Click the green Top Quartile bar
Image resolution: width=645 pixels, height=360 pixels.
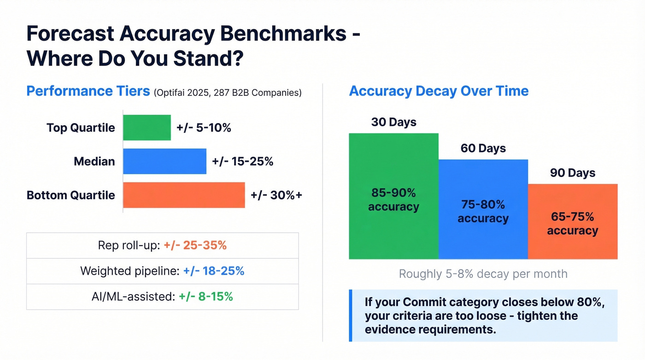click(147, 128)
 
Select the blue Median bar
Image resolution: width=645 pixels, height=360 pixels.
click(164, 161)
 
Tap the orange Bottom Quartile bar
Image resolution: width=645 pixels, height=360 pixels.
click(184, 195)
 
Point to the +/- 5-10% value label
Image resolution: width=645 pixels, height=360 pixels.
click(204, 128)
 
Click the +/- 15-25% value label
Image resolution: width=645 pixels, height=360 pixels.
click(242, 161)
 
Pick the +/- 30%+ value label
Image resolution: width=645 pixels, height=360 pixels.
click(276, 195)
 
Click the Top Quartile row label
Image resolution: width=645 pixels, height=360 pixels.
click(81, 128)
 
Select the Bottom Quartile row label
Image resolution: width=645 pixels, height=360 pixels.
click(71, 195)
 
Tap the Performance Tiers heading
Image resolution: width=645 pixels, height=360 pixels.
click(88, 91)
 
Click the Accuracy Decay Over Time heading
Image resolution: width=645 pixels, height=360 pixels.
click(439, 91)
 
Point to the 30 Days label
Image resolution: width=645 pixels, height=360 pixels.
click(393, 122)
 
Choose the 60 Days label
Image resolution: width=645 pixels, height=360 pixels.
click(483, 148)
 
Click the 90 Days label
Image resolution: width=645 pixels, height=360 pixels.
click(573, 173)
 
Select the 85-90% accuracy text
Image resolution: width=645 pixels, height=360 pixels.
click(393, 200)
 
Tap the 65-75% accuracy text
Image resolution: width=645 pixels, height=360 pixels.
click(573, 224)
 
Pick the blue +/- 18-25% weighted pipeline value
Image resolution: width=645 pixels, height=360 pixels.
click(213, 271)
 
